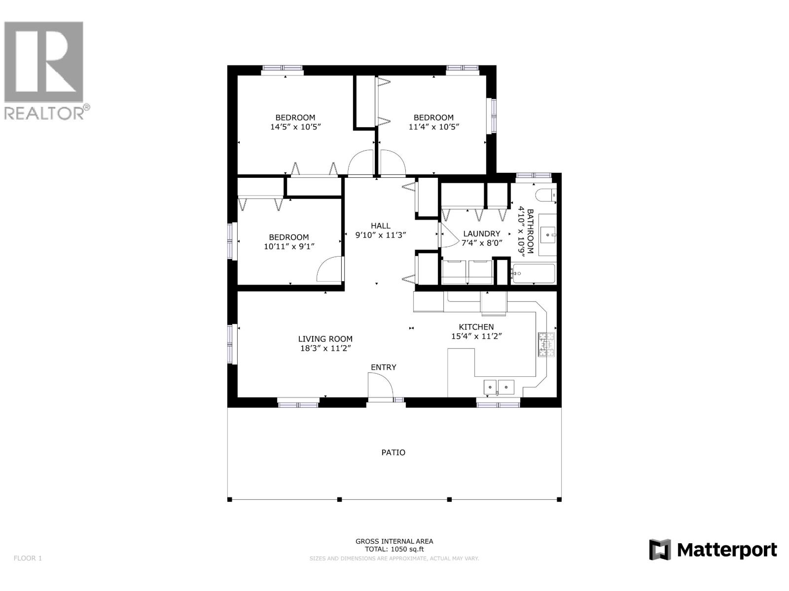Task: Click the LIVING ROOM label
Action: (325, 339)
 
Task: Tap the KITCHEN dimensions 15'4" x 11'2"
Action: (476, 336)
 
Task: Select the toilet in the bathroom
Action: (545, 195)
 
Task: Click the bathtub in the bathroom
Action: (534, 273)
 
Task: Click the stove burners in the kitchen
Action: (546, 344)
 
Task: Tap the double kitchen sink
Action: (498, 388)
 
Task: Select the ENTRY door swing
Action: (380, 385)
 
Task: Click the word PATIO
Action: (394, 452)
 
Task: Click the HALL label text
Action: (380, 226)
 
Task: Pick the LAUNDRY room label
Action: (482, 233)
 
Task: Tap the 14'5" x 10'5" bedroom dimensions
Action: (295, 127)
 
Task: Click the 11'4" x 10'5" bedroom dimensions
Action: (433, 127)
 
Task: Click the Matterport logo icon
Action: (660, 550)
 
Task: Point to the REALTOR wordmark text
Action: (44, 113)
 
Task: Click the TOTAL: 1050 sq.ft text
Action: (394, 549)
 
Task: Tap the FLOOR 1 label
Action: (28, 558)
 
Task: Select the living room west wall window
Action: (232, 344)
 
